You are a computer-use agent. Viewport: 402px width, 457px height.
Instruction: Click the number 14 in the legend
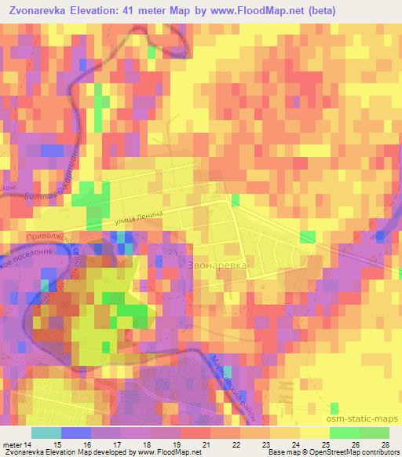29,444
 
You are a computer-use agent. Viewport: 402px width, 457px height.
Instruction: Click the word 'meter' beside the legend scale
12,444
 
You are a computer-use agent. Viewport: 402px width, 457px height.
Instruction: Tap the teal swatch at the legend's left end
46,433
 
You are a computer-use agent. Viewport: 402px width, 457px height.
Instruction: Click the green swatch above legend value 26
344,433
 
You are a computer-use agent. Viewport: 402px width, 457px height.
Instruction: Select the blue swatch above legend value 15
75,433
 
